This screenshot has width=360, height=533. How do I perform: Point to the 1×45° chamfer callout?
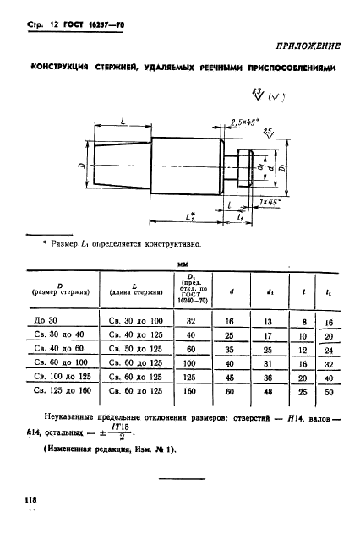click(x=271, y=204)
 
